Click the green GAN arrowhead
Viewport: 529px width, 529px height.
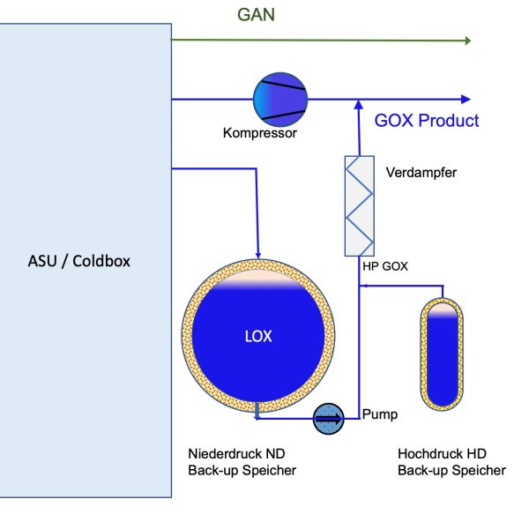click(466, 41)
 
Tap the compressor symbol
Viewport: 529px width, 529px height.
click(280, 99)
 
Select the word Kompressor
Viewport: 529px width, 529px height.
click(260, 134)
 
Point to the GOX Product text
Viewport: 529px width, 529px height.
click(427, 121)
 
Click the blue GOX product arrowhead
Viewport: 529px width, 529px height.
click(466, 99)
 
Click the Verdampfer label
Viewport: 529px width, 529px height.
click(421, 173)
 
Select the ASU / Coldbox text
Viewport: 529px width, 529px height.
click(79, 261)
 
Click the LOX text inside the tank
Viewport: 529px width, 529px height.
click(258, 336)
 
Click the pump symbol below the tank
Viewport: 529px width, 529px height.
click(330, 419)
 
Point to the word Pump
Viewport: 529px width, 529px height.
click(380, 414)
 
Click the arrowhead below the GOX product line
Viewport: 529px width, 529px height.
click(358, 106)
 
